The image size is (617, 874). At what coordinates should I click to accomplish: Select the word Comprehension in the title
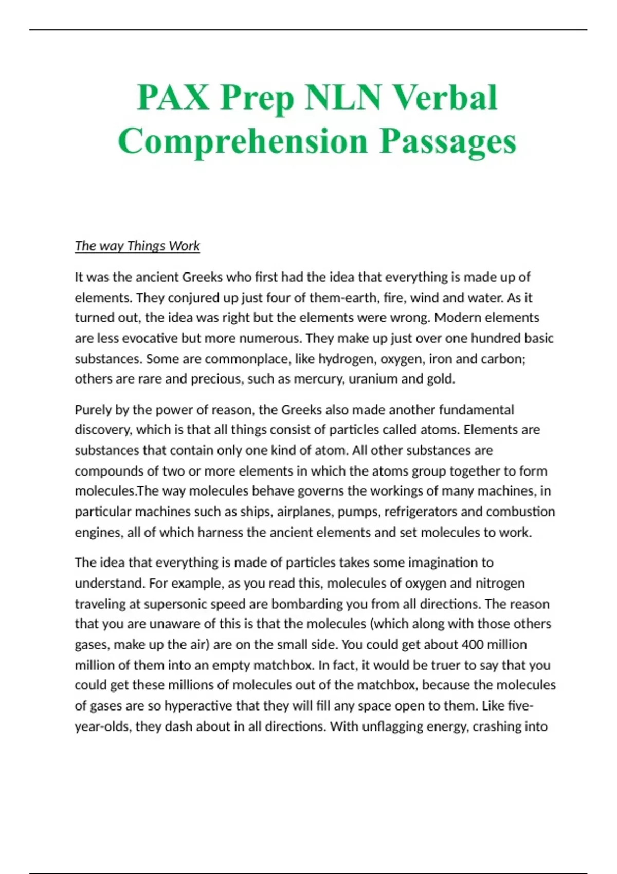click(x=243, y=141)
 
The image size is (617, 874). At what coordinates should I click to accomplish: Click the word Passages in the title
click(x=448, y=141)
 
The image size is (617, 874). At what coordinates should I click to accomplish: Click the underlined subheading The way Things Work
click(x=137, y=246)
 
